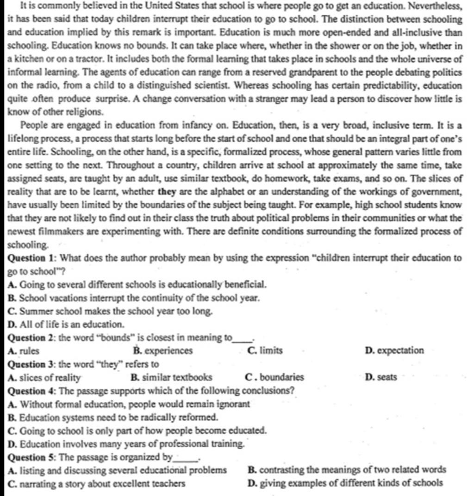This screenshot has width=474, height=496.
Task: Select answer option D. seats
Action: click(381, 377)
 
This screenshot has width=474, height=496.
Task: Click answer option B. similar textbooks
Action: click(172, 377)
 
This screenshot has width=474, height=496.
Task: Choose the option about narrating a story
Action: click(97, 484)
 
